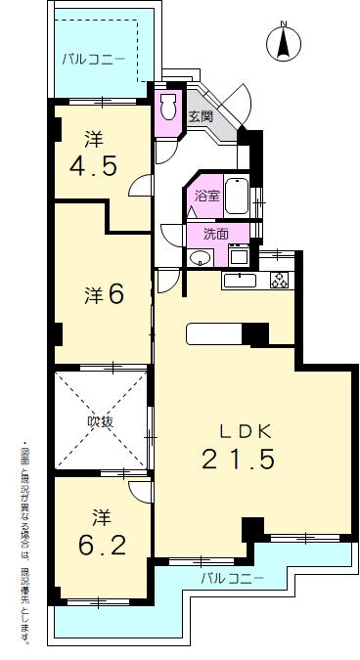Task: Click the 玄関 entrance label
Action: point(201,116)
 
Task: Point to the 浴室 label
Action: point(207,196)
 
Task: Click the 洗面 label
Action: point(215,234)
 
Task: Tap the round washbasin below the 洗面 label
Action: point(200,257)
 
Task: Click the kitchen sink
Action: point(239,282)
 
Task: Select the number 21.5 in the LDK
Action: point(239,459)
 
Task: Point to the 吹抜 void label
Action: point(101,422)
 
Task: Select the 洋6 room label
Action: point(103,293)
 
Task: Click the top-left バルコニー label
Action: point(93,60)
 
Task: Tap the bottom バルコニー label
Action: point(233,579)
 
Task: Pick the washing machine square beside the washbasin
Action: point(239,256)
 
